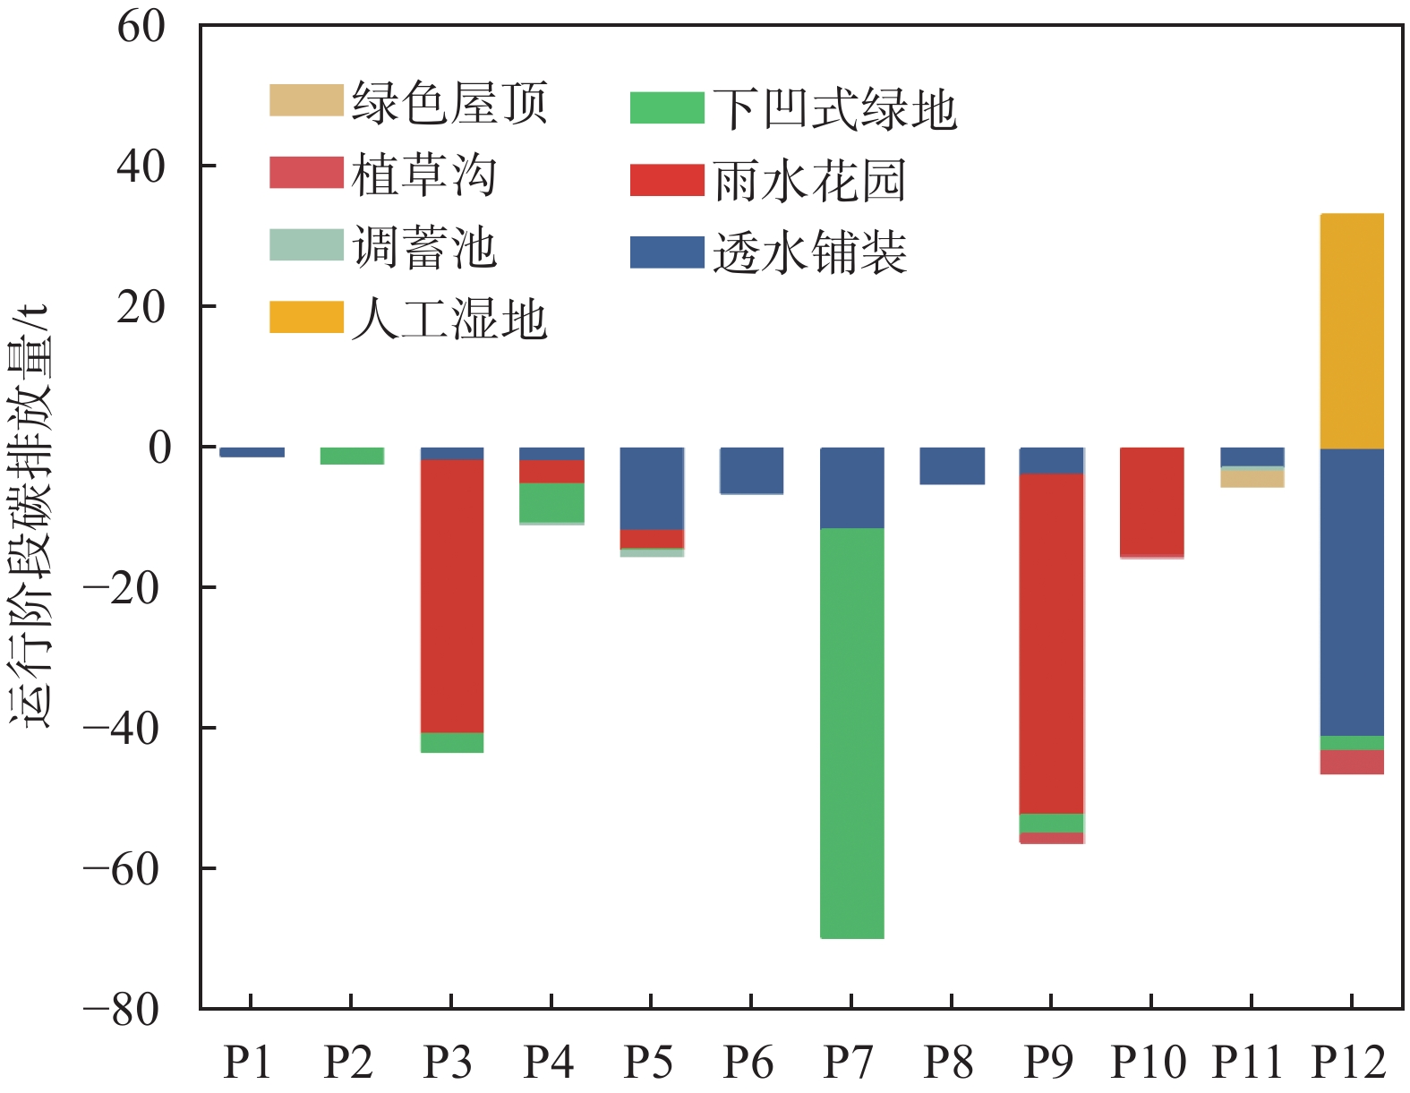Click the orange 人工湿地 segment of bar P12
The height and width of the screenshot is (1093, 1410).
click(1352, 330)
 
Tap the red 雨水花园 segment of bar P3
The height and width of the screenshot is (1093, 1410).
click(452, 595)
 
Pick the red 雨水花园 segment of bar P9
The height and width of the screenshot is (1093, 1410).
click(1052, 643)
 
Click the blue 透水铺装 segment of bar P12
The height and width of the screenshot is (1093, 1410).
click(1352, 591)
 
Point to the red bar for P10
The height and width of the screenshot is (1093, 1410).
click(1152, 501)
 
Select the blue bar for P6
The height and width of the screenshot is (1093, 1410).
click(752, 470)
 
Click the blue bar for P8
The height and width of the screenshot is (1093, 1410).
click(953, 465)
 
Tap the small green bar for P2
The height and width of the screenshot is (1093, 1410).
click(352, 456)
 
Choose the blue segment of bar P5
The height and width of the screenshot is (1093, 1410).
click(652, 488)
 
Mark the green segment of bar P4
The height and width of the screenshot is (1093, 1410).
click(552, 502)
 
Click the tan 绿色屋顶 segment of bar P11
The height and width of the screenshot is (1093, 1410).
click(1252, 479)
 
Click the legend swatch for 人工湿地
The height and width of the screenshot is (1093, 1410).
click(306, 317)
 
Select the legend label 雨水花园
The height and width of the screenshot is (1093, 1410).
click(809, 181)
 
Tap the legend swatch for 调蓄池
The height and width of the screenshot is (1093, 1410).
click(306, 245)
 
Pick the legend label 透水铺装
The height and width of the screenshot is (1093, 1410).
click(809, 253)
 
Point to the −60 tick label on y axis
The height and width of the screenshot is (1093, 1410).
click(124, 868)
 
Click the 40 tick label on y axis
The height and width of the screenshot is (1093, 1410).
click(141, 167)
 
